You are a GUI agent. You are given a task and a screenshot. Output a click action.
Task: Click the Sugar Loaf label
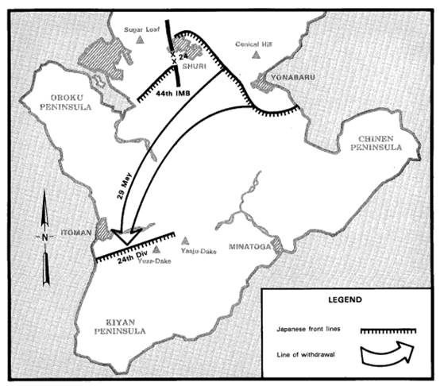click(141, 29)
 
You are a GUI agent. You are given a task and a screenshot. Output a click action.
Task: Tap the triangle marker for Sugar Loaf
click(140, 40)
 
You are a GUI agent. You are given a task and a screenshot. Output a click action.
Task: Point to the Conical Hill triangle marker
click(256, 55)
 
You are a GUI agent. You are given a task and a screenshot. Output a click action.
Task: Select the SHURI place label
click(194, 66)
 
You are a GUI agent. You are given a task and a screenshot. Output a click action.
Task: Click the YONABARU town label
click(293, 77)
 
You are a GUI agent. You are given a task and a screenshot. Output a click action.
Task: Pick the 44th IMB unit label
click(173, 93)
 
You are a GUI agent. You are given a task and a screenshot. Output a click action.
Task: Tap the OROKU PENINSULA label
click(66, 102)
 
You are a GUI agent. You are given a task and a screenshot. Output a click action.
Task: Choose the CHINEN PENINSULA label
click(376, 143)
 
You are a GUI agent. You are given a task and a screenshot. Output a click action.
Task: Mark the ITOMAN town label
click(76, 233)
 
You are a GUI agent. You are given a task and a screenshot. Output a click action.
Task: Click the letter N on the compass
click(44, 237)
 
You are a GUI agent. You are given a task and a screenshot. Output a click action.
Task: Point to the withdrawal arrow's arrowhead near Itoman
click(127, 236)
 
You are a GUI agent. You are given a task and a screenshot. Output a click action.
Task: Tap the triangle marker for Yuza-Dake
click(156, 249)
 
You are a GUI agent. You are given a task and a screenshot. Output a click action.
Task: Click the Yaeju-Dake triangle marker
click(184, 241)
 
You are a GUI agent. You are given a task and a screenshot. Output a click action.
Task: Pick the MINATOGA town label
click(249, 246)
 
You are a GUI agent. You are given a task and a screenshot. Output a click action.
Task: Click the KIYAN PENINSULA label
click(120, 326)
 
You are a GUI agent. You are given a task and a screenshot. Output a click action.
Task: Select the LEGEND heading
click(345, 299)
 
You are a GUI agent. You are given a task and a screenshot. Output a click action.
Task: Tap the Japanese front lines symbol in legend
click(388, 331)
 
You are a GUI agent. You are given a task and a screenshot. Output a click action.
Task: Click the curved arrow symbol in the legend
click(388, 354)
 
